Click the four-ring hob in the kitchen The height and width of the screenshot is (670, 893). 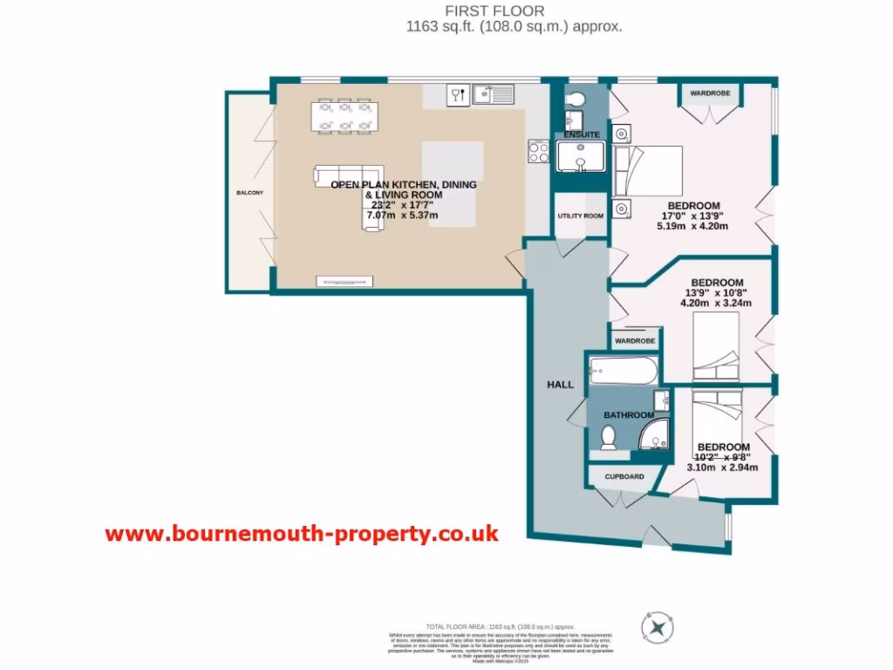click(539, 152)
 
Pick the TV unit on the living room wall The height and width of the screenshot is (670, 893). click(344, 281)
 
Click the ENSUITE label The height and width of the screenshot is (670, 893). click(582, 135)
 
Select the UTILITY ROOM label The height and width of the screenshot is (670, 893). click(581, 215)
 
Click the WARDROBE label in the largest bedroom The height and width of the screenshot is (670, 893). click(710, 92)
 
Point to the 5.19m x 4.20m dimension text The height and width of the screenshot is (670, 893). click(692, 227)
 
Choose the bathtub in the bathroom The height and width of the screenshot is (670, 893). click(622, 372)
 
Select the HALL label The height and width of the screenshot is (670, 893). click(559, 384)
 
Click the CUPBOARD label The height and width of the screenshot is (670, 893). click(624, 476)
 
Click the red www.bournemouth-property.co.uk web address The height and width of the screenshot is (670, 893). click(302, 534)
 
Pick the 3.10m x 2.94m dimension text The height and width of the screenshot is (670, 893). click(722, 467)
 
